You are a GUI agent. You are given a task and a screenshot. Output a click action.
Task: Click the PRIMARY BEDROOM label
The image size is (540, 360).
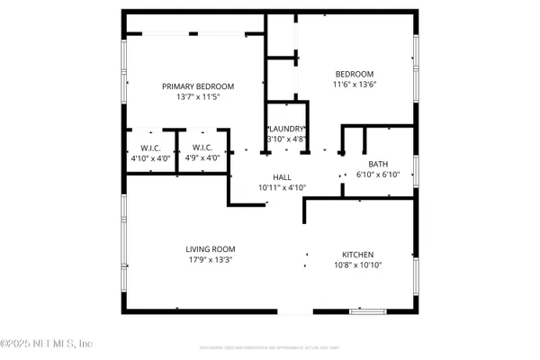pyautogui.click(x=198, y=86)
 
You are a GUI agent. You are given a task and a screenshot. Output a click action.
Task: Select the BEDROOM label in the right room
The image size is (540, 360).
pyautogui.click(x=355, y=74)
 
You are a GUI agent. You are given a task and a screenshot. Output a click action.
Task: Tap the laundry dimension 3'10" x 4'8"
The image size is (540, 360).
pyautogui.click(x=287, y=139)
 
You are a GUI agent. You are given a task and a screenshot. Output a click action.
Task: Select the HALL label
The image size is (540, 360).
pyautogui.click(x=283, y=177)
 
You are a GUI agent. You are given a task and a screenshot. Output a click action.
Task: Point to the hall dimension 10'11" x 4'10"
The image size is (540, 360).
pyautogui.click(x=283, y=187)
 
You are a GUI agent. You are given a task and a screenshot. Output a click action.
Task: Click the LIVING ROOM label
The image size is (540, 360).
pyautogui.click(x=211, y=249)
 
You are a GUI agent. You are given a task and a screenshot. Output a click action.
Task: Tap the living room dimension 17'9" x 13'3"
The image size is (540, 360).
pyautogui.click(x=211, y=260)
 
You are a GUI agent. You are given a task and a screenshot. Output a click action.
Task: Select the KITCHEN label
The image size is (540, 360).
pyautogui.click(x=357, y=255)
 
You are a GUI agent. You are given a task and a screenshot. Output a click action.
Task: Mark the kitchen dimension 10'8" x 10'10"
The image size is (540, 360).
pyautogui.click(x=357, y=265)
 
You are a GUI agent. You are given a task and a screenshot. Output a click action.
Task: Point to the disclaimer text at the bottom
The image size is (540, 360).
pyautogui.click(x=270, y=346)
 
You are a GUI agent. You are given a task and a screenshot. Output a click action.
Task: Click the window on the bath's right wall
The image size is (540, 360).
pyautogui.click(x=416, y=172)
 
